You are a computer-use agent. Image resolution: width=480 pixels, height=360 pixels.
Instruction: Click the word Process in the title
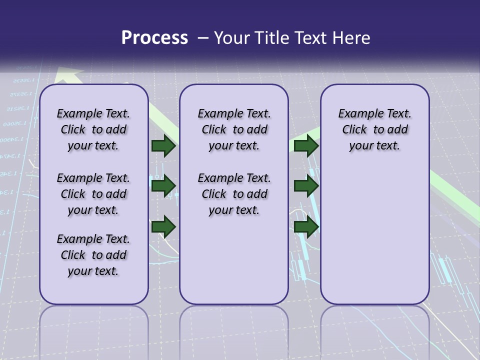coord(154,38)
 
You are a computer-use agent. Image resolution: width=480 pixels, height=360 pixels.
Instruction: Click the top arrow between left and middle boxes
coord(163,146)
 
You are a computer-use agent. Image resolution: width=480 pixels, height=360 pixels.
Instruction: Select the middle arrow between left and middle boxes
coord(163,186)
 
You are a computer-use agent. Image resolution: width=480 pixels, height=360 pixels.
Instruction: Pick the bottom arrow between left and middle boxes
coord(163,227)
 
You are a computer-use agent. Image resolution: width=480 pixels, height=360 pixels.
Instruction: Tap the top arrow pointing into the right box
coord(306,146)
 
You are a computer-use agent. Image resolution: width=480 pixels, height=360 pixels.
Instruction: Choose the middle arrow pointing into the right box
coord(306,186)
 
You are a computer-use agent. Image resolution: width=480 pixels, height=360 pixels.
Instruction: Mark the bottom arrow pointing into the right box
coord(306,227)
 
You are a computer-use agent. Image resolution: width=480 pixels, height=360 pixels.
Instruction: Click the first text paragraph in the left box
coord(93,129)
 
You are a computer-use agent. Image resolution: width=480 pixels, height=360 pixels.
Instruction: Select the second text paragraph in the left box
coord(93,194)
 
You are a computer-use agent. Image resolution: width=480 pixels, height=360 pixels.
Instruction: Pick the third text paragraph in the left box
coord(93,255)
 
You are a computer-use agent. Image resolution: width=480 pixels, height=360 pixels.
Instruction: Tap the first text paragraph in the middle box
coord(234,129)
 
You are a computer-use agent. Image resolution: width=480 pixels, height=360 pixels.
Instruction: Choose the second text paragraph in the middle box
coord(234,194)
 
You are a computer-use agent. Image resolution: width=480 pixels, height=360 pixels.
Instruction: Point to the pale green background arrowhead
coord(68,75)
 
